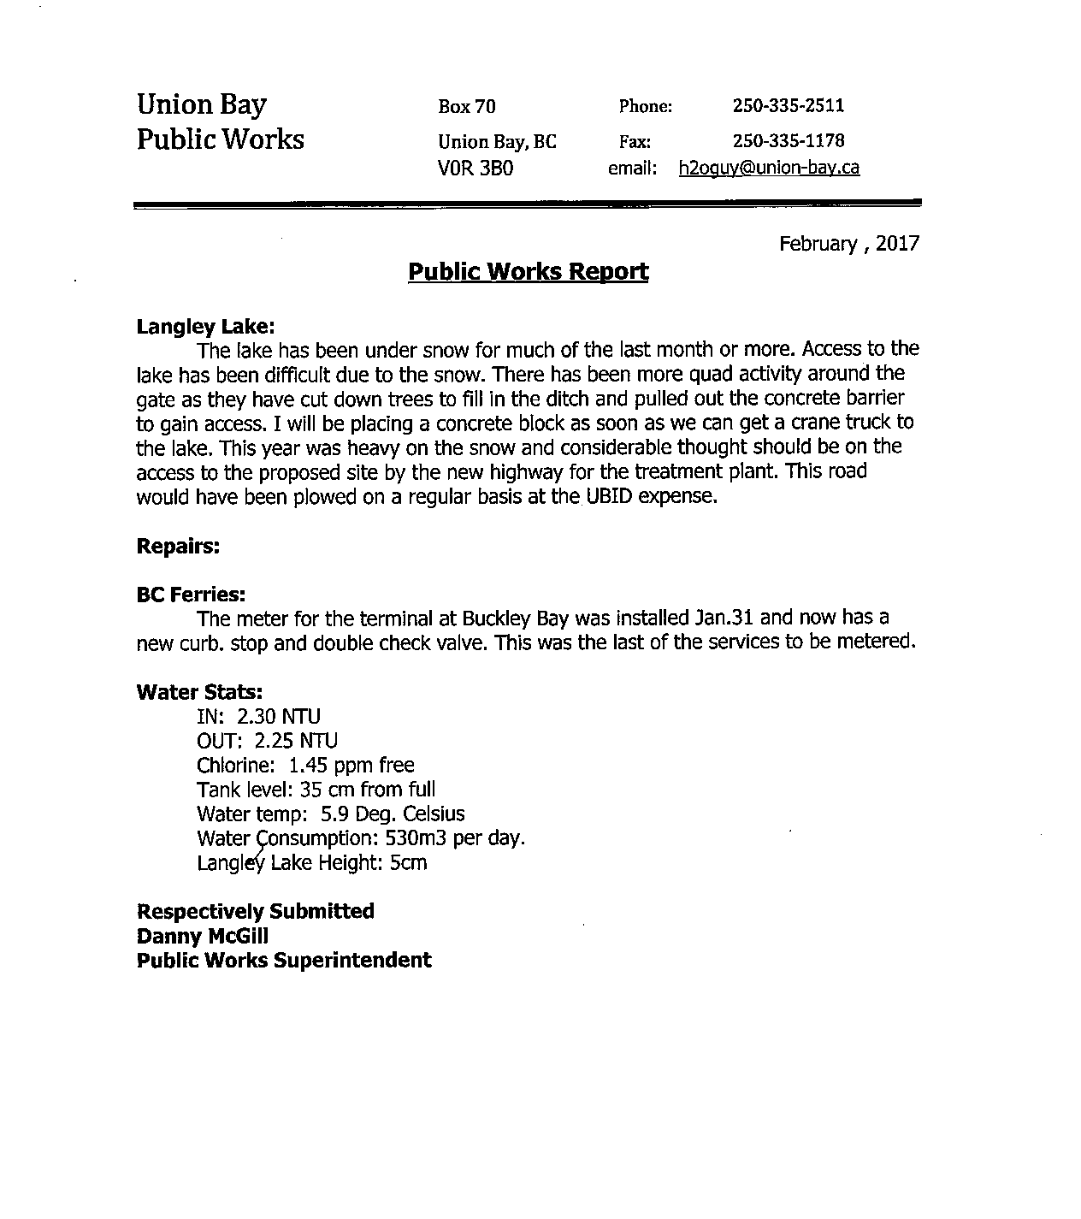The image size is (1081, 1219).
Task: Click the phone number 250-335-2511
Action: [788, 106]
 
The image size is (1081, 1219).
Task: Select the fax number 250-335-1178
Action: [788, 140]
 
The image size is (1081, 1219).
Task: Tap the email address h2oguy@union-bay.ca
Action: [769, 168]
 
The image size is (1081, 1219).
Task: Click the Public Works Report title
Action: [528, 272]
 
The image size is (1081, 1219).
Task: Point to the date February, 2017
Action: [848, 244]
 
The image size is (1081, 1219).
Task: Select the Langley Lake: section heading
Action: [205, 326]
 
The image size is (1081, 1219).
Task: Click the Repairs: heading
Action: [178, 546]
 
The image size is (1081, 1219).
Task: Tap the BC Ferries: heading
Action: [191, 595]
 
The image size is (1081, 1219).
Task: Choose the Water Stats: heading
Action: [198, 692]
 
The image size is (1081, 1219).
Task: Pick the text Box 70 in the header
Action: [466, 107]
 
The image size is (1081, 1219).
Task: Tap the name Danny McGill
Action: [202, 936]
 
